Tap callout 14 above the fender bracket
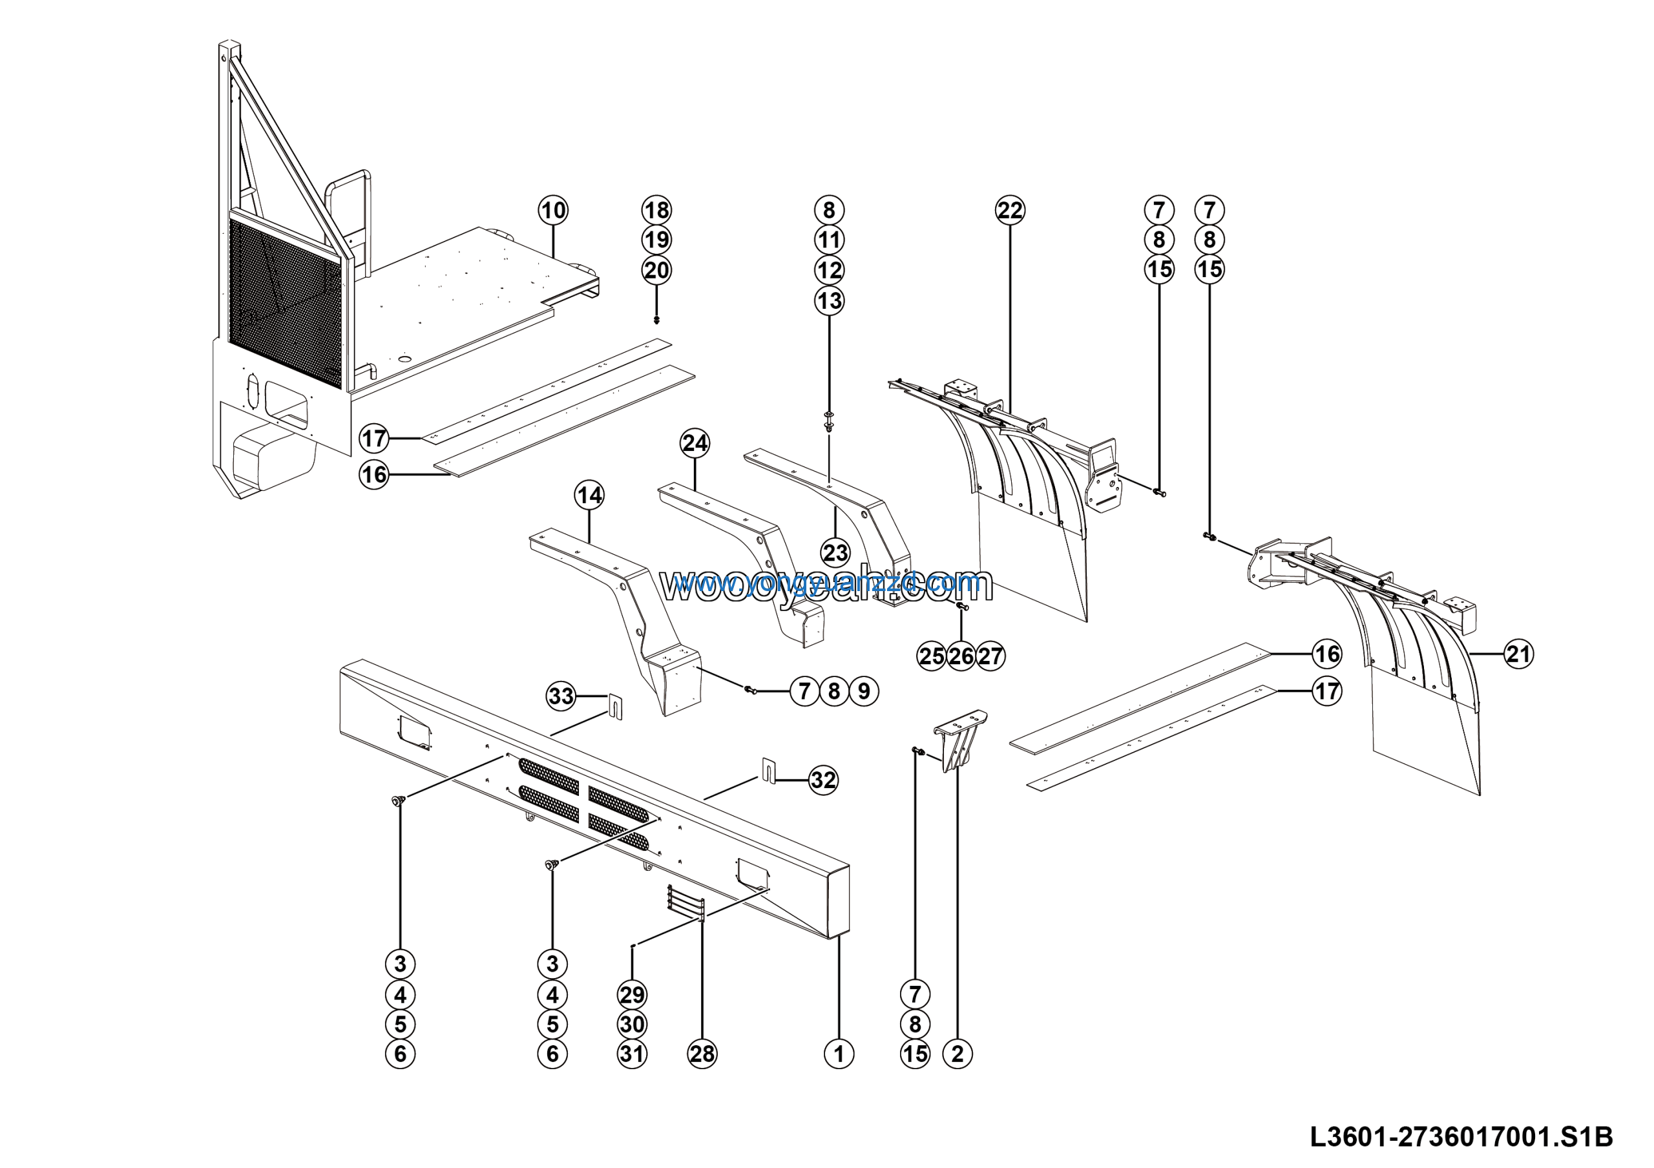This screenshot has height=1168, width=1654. [x=589, y=495]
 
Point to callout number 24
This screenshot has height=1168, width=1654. [x=695, y=443]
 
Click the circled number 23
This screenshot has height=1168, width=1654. [x=835, y=553]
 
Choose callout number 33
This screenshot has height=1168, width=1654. [x=561, y=696]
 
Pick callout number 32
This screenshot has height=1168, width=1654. [x=822, y=780]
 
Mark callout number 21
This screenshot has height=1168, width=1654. [x=1518, y=654]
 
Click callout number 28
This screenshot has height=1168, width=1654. [x=702, y=1054]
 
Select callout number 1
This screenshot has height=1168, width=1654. [x=839, y=1054]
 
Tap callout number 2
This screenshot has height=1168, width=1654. [x=958, y=1054]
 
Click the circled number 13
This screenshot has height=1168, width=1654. [x=829, y=300]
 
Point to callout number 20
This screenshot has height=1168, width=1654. [x=656, y=271]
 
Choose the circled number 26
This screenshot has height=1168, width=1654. [x=961, y=656]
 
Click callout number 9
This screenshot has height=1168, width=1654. [x=864, y=691]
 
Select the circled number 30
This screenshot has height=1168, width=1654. [x=632, y=1024]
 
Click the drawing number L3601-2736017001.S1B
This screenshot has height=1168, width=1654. [x=1461, y=1136]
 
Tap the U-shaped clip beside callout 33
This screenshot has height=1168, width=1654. [x=615, y=706]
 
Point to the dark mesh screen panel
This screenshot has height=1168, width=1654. [x=284, y=302]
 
